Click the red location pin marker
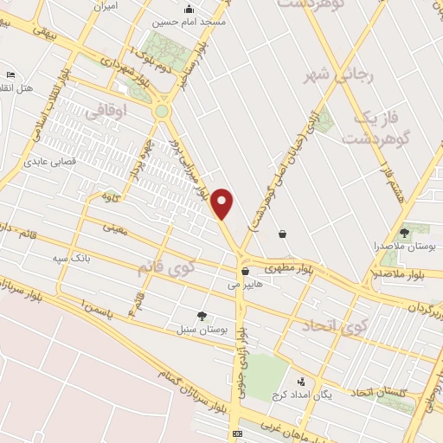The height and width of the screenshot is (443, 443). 223,203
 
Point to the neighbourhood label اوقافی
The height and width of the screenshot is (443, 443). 106,109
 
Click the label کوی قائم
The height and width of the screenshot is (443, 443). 165,267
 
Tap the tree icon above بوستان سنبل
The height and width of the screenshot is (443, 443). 202,316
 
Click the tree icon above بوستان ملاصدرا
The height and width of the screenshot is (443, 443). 404,232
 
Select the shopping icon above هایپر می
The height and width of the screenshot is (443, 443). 246,270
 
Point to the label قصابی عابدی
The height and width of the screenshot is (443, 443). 50,160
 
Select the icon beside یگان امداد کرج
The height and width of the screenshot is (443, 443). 301,381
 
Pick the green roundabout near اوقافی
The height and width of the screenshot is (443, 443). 162,111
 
